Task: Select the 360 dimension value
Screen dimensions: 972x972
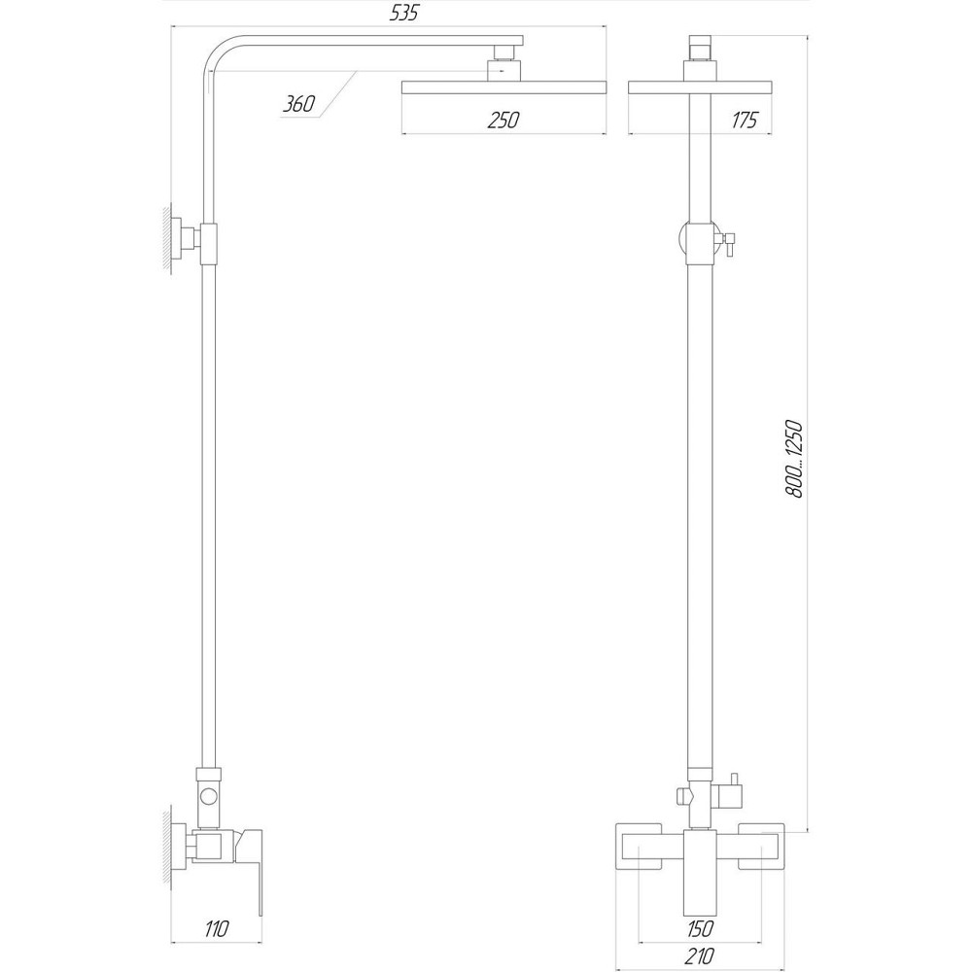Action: tap(299, 105)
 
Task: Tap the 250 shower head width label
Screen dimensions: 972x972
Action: tap(503, 121)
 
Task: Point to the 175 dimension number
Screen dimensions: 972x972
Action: tap(746, 121)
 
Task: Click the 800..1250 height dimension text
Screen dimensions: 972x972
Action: tap(794, 460)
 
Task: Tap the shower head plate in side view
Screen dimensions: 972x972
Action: tap(503, 88)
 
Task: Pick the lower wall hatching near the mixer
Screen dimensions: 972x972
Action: tap(168, 846)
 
